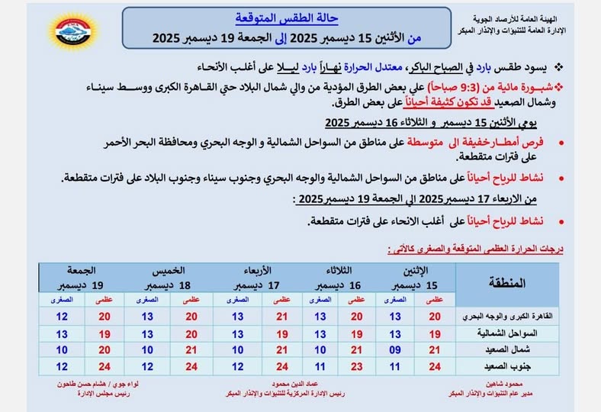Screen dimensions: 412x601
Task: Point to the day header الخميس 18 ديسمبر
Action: [169, 277]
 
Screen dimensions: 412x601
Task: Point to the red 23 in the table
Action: [357, 366]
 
